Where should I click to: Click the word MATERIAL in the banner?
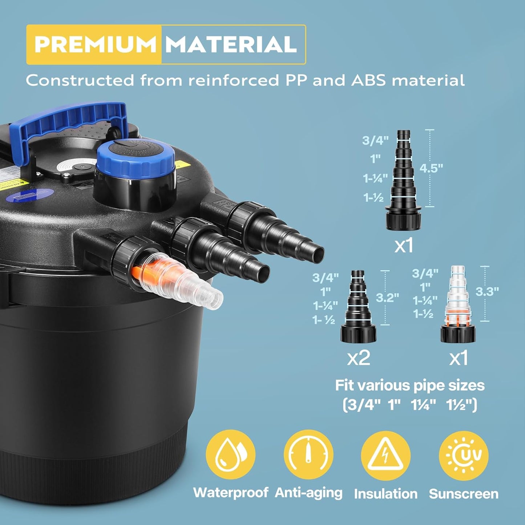click(x=231, y=44)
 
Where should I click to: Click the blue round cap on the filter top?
click(x=135, y=156)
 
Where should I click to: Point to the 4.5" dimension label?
click(x=431, y=168)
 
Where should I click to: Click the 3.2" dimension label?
click(x=387, y=298)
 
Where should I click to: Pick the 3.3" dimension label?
click(x=487, y=291)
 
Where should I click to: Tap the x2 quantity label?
click(x=359, y=358)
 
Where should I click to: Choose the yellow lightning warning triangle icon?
click(x=385, y=455)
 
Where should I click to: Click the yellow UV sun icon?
click(x=463, y=455)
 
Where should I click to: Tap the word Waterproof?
click(x=231, y=493)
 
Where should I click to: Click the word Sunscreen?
click(x=464, y=494)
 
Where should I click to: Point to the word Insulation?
click(x=385, y=494)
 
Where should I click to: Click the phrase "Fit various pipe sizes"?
click(x=410, y=385)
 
